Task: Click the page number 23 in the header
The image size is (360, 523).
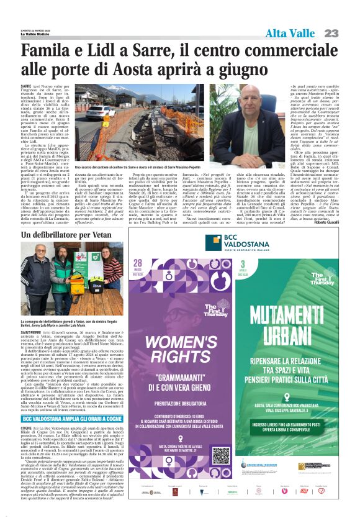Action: [347, 33]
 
